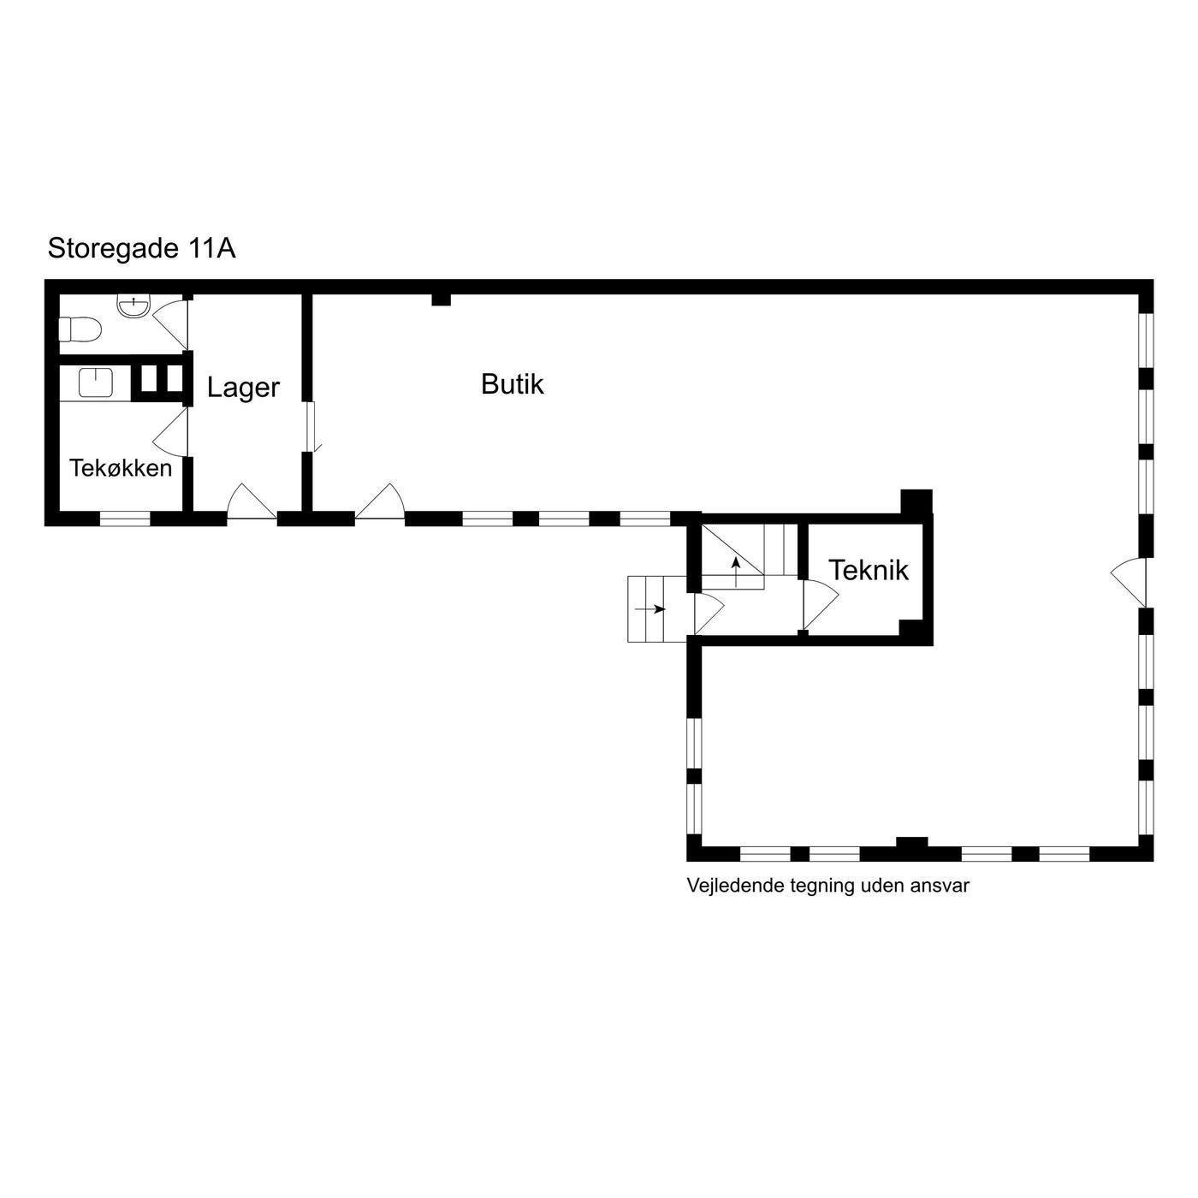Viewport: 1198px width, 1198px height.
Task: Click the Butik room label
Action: (512, 384)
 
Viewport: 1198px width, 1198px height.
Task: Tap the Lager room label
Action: (243, 388)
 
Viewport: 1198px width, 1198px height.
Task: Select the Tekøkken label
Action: (121, 468)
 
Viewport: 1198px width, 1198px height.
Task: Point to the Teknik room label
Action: (868, 569)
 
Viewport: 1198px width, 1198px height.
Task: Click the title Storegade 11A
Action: (141, 248)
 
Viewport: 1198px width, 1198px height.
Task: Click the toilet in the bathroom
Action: (80, 329)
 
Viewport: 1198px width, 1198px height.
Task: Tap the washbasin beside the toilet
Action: (133, 306)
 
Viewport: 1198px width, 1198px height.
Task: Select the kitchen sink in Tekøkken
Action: (96, 383)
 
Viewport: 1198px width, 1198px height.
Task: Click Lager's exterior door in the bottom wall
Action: (252, 501)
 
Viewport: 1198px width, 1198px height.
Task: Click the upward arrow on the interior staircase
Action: (736, 572)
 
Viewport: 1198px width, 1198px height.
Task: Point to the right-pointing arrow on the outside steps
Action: (650, 608)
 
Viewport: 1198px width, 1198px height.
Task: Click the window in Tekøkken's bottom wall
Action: (126, 519)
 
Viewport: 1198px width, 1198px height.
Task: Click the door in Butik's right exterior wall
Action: (1129, 582)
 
